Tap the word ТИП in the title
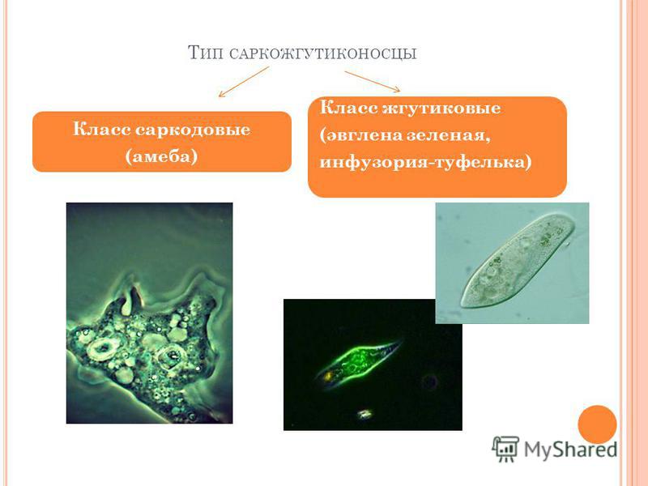point(206,53)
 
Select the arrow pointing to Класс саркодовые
point(244,82)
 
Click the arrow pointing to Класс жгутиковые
point(373,82)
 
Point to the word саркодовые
point(193,130)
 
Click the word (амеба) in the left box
point(161,156)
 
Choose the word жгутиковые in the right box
point(441,109)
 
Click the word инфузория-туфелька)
point(426,162)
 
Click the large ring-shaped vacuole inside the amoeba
point(100,350)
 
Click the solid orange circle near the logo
point(597,424)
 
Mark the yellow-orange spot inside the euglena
point(330,376)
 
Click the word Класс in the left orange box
point(102,130)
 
